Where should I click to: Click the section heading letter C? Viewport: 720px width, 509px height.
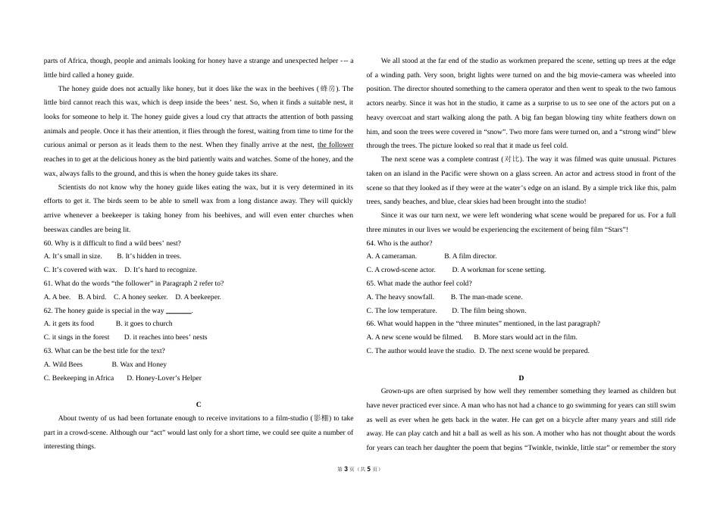tap(199, 404)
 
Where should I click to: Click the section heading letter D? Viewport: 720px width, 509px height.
tap(521, 377)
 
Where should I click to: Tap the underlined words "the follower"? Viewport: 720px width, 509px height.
tap(335, 145)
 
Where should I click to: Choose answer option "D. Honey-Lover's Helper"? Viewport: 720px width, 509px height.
tap(164, 378)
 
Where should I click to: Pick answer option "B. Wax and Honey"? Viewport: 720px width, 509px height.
tap(139, 364)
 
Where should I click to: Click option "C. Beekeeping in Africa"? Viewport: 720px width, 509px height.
tap(79, 378)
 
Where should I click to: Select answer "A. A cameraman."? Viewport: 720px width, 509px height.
tap(392, 256)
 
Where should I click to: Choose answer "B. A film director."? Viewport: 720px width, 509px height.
tap(470, 256)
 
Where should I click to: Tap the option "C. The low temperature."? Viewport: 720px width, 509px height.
tap(402, 311)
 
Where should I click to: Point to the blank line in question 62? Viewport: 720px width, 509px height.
tap(179, 311)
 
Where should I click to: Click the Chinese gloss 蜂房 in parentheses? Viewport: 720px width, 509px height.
tap(327, 89)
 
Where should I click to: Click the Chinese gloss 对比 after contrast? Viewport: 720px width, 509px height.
tap(512, 159)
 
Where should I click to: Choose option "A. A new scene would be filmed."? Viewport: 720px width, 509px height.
tap(415, 337)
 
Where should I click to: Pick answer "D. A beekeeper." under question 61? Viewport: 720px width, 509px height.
tap(198, 297)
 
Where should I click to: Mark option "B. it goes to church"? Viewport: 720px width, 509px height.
tap(144, 323)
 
